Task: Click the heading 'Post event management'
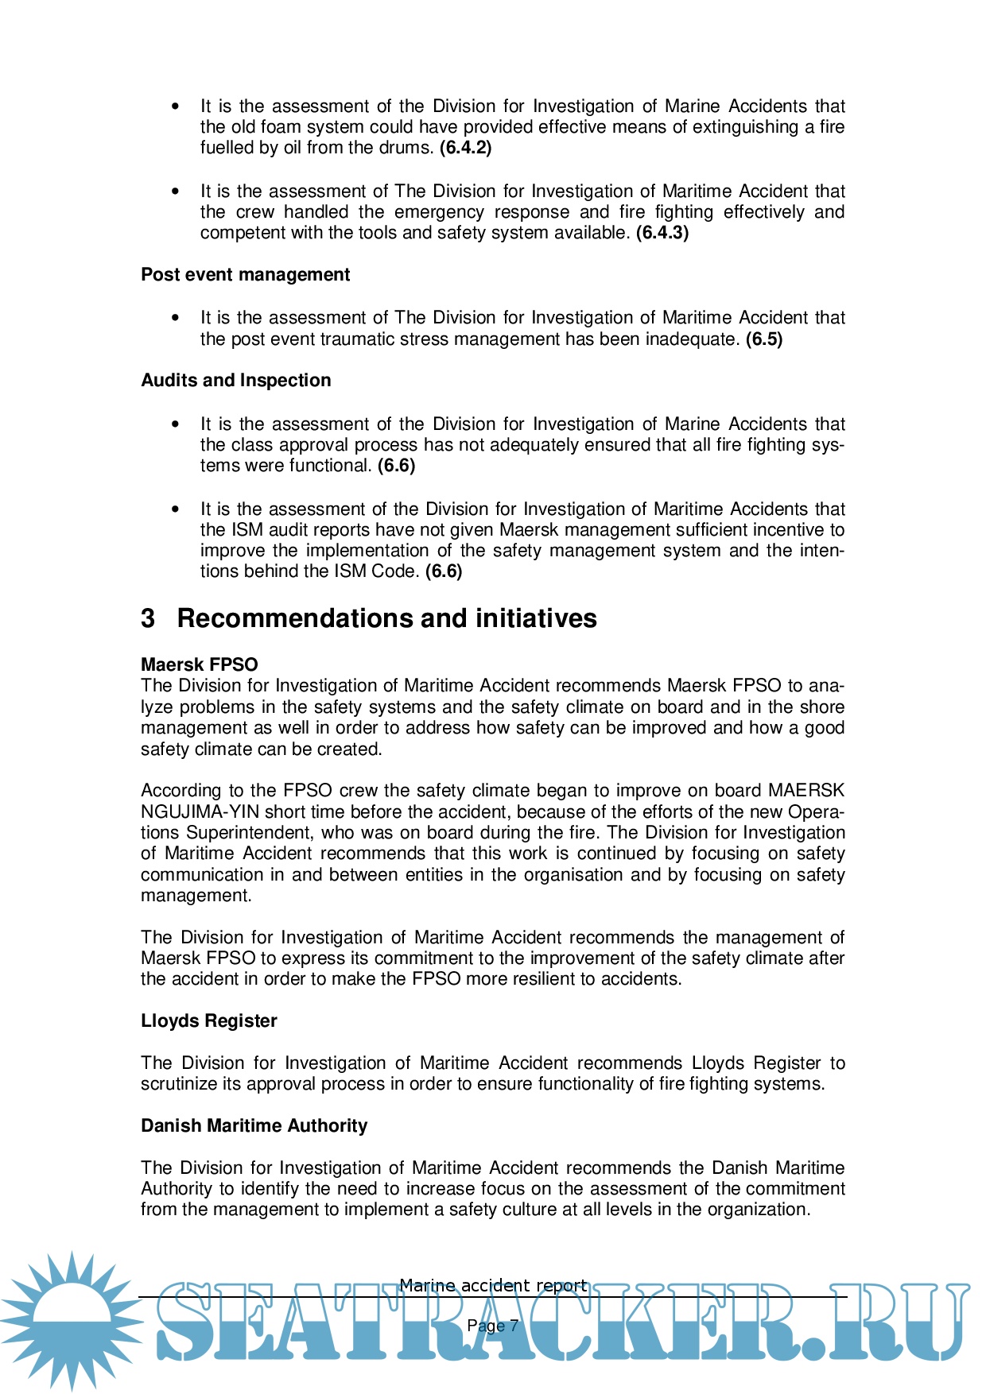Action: pos(245,275)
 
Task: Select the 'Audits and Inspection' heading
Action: pos(235,381)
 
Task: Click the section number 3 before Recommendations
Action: pos(148,618)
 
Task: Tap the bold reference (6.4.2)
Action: pos(466,148)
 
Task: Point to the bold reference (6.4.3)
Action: pos(662,233)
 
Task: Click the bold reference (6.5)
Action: pos(764,339)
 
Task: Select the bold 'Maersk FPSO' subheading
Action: pos(199,665)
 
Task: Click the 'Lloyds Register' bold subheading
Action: pos(208,1021)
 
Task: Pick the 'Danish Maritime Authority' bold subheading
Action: pos(254,1126)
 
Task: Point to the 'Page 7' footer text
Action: pos(493,1326)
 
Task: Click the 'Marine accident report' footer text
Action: pos(493,1285)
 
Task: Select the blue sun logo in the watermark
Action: pos(72,1319)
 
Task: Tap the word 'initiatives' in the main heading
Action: pos(536,618)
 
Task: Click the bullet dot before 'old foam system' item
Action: pos(176,106)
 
